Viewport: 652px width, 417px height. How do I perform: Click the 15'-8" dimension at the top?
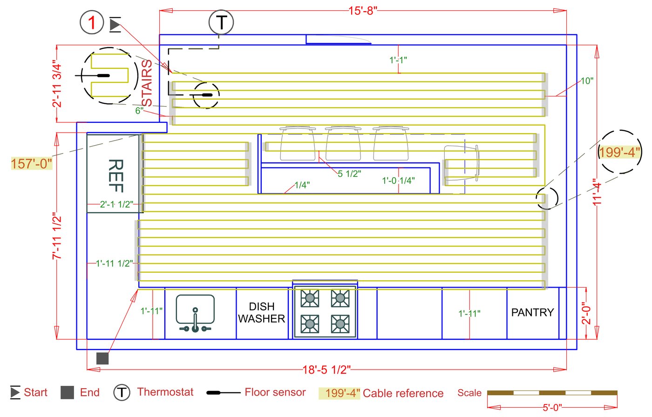[363, 10]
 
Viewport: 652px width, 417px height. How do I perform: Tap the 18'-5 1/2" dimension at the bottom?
[326, 370]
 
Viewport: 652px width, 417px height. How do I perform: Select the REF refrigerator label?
[115, 175]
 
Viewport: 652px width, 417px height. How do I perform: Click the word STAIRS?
[147, 83]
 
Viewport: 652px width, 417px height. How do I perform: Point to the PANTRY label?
[532, 312]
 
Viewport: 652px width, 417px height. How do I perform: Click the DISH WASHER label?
[261, 313]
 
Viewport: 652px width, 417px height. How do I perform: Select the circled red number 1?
[92, 22]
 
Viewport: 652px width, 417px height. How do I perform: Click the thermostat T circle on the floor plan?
[221, 22]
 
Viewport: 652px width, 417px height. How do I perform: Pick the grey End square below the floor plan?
[102, 358]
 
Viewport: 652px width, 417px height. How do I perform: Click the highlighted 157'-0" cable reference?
[31, 164]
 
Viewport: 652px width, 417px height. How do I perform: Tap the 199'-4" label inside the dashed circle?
[619, 152]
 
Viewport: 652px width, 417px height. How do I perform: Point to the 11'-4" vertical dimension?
[597, 192]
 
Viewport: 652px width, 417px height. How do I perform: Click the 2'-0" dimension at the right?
[586, 313]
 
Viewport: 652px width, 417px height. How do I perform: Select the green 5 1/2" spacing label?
[349, 174]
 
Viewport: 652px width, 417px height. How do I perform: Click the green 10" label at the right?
[587, 81]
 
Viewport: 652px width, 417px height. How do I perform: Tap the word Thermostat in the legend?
[165, 392]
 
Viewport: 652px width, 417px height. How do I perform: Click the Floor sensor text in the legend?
[275, 392]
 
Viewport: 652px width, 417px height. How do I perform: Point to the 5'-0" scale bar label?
[552, 408]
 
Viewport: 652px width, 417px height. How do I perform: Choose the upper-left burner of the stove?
[310, 298]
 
